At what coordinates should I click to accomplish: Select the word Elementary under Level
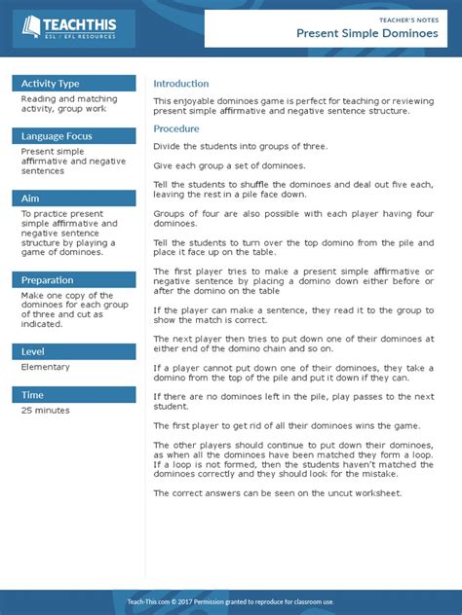click(46, 368)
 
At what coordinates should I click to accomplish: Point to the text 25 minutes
click(46, 411)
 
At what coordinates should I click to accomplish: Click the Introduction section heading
click(181, 84)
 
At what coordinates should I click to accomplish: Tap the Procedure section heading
click(176, 128)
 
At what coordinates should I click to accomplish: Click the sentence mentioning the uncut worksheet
click(277, 493)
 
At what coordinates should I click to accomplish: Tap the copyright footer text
click(230, 602)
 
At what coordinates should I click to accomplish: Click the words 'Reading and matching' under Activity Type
click(69, 99)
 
